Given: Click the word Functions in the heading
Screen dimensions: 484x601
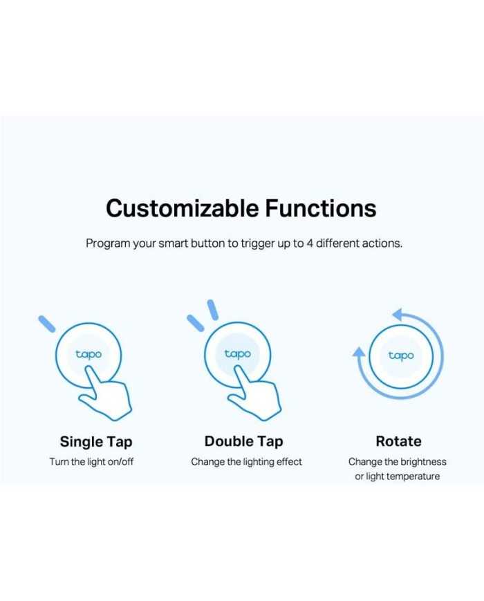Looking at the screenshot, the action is tap(321, 208).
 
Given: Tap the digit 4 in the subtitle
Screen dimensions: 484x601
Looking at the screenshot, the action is tap(309, 243).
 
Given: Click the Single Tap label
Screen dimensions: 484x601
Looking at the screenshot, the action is tap(96, 442).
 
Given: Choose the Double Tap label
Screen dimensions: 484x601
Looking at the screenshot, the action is tap(243, 441).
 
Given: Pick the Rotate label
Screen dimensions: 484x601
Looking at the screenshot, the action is tap(398, 441).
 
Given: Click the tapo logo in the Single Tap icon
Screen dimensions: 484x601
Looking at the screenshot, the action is tap(89, 354).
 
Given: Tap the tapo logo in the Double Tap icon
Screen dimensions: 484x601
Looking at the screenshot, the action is tap(238, 354).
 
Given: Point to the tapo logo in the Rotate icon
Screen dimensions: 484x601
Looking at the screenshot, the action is tap(401, 355).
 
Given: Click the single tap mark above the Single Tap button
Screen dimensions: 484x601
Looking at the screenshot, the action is tap(47, 324).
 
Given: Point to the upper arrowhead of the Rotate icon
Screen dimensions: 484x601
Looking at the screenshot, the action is tap(400, 315).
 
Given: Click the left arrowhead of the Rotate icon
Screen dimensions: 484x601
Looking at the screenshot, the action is tap(359, 352).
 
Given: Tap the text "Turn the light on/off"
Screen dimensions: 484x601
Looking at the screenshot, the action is tap(91, 462).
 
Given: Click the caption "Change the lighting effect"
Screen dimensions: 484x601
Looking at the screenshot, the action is tap(246, 462).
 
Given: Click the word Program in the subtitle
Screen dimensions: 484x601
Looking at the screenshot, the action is tap(108, 244).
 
